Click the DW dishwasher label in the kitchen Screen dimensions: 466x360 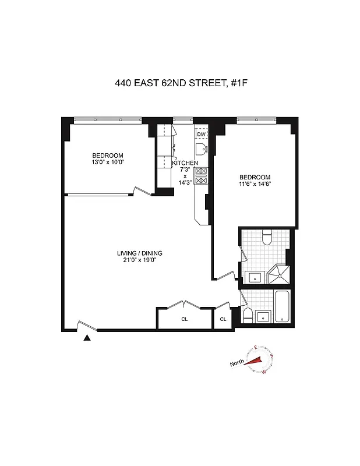click(201, 135)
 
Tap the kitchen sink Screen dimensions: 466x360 click(201, 148)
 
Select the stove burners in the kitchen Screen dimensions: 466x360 click(201, 176)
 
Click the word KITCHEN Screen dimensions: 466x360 click(185, 163)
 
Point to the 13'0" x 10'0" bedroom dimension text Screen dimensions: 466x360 click(108, 162)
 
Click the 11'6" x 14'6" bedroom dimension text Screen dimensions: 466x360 click(255, 184)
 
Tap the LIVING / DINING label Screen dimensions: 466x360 click(139, 253)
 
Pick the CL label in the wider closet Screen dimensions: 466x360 click(184, 319)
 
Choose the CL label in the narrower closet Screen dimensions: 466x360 click(223, 319)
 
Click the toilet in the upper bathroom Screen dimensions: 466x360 click(267, 236)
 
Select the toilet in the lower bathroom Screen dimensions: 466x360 click(247, 316)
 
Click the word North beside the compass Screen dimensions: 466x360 click(237, 363)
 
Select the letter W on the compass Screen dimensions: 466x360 click(264, 371)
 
